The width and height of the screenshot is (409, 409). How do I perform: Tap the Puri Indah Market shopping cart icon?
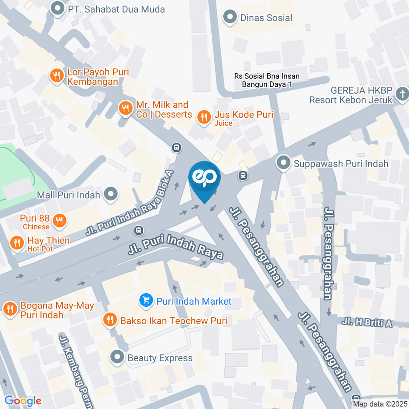pyautogui.click(x=146, y=301)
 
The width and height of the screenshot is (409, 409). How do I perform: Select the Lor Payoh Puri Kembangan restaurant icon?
pyautogui.click(x=56, y=76)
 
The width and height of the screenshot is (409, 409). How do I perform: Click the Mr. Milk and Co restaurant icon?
pyautogui.click(x=125, y=109)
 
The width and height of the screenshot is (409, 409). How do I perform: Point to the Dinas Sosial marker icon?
pyautogui.click(x=230, y=17)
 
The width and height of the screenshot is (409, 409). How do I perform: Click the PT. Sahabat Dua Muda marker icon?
pyautogui.click(x=57, y=9)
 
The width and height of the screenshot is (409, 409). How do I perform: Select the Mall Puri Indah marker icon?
pyautogui.click(x=111, y=195)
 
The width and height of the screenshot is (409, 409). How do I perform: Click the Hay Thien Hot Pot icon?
pyautogui.click(x=17, y=243)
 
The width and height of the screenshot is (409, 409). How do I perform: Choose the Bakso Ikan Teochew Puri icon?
pyautogui.click(x=110, y=320)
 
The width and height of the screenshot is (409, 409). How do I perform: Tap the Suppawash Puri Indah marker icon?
pyautogui.click(x=282, y=163)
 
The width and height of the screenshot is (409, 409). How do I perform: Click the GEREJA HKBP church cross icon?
pyautogui.click(x=402, y=94)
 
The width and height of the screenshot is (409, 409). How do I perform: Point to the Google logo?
pyautogui.click(x=23, y=400)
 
